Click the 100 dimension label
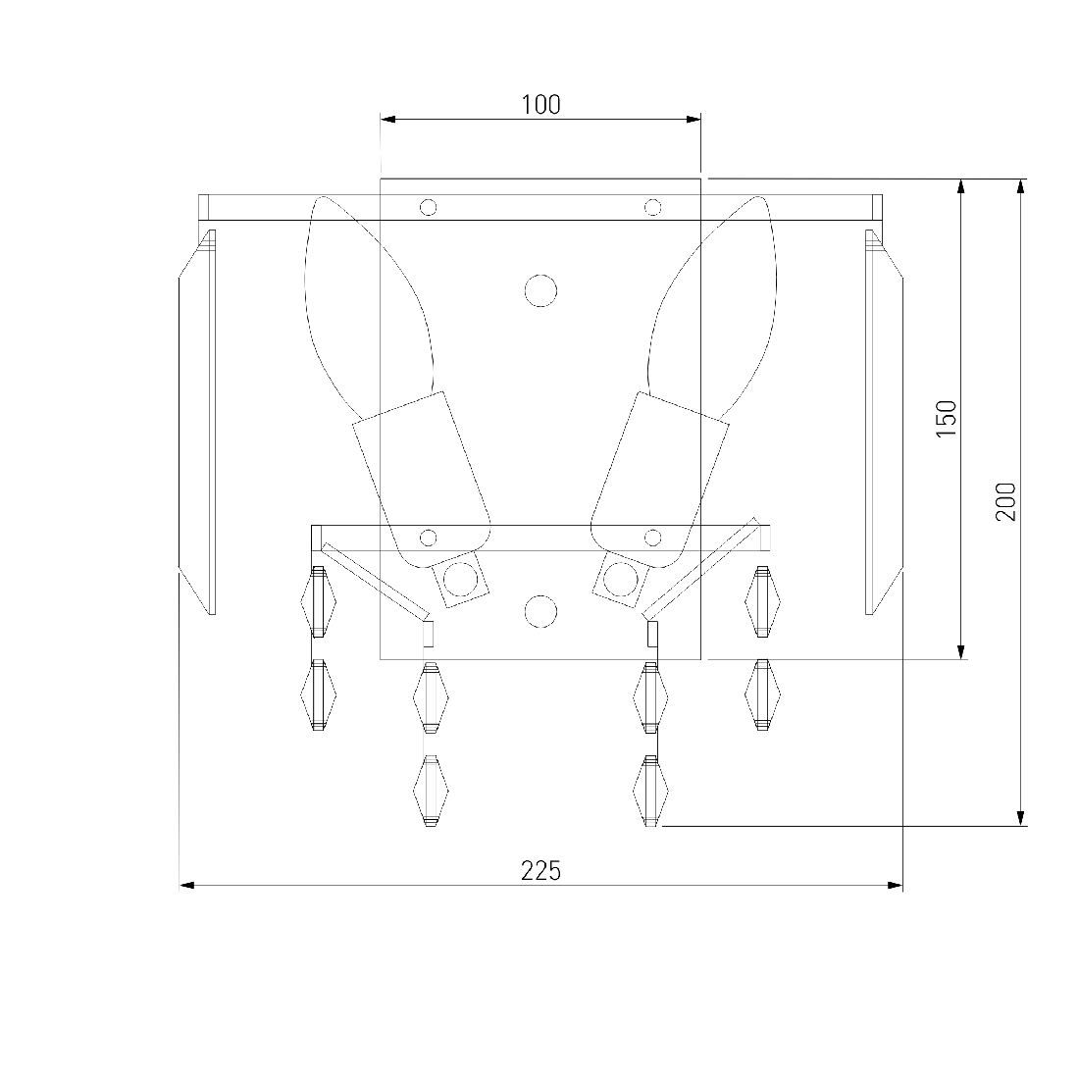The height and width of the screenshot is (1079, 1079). point(540,105)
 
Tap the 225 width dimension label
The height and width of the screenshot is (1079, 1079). point(540,871)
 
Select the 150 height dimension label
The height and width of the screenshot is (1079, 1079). point(947,419)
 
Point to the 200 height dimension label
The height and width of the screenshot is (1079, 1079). point(1005,501)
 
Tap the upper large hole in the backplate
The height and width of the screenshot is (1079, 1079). point(540,290)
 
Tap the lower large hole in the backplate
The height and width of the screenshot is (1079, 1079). point(540,611)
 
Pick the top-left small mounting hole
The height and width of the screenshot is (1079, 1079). point(428,207)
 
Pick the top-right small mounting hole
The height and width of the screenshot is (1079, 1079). point(652,207)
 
